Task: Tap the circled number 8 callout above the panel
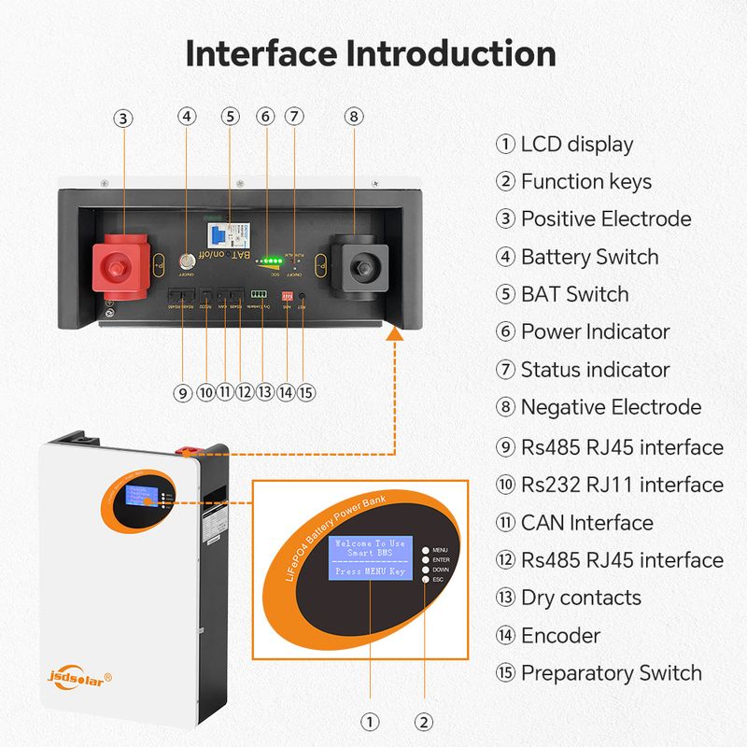(353, 117)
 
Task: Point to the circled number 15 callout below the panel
(305, 392)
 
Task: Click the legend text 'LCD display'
(576, 144)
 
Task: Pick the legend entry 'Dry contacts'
(580, 598)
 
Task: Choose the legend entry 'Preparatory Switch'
(611, 672)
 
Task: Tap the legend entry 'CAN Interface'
(586, 523)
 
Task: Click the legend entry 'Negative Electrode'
(610, 407)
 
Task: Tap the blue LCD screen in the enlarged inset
(370, 557)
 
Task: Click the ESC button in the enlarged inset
(426, 580)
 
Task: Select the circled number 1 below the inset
(370, 722)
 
